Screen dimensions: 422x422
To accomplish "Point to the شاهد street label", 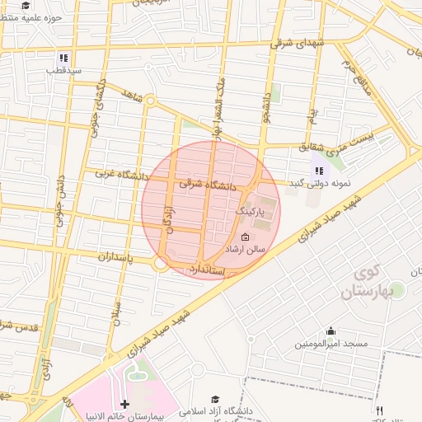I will [132, 97].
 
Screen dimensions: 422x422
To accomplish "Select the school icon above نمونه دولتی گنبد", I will [318, 171].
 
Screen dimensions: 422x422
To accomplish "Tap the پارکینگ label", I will [252, 212].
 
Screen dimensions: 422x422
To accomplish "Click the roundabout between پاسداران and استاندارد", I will [162, 265].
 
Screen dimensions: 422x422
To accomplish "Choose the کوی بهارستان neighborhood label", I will [363, 283].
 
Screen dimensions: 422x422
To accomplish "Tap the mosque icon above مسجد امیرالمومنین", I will [331, 331].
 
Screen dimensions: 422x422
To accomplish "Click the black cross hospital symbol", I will [124, 405].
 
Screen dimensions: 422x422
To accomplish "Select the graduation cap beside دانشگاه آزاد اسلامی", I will [216, 399].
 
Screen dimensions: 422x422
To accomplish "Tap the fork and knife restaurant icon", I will [379, 410].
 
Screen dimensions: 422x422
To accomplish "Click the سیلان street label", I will [117, 313].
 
